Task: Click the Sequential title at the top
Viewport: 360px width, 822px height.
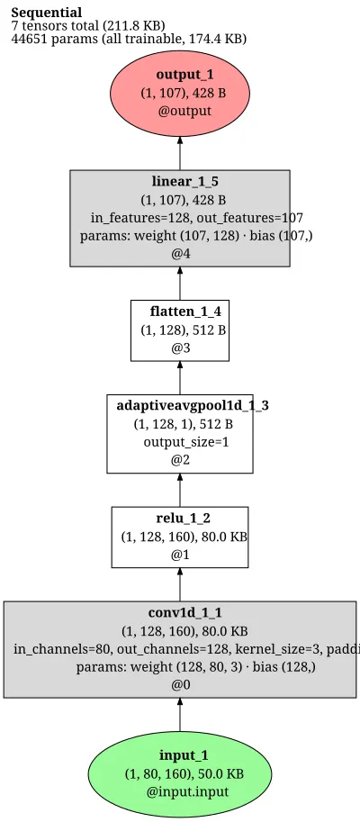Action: [x=47, y=13]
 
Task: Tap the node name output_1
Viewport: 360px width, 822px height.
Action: [x=185, y=75]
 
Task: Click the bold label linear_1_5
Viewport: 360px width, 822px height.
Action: [x=185, y=182]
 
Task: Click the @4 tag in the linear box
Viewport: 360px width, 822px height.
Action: [x=180, y=254]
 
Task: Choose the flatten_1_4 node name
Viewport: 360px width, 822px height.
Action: [x=185, y=312]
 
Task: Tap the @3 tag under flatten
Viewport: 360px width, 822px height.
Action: [x=180, y=348]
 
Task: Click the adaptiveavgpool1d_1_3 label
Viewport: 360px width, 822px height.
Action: [x=193, y=406]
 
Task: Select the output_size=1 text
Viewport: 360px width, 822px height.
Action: [x=186, y=442]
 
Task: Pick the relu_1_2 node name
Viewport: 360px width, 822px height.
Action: [x=184, y=519]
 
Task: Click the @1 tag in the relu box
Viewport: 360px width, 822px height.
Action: [x=180, y=555]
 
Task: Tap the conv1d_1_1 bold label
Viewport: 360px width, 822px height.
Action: [x=185, y=613]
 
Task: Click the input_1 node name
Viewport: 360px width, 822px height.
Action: [x=184, y=755]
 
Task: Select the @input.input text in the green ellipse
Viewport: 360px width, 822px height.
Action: [x=188, y=791]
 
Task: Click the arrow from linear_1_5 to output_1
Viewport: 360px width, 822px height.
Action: [x=180, y=153]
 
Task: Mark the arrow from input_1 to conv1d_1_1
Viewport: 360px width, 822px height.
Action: [x=180, y=715]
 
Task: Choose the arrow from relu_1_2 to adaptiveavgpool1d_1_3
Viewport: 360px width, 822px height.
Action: [x=180, y=490]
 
